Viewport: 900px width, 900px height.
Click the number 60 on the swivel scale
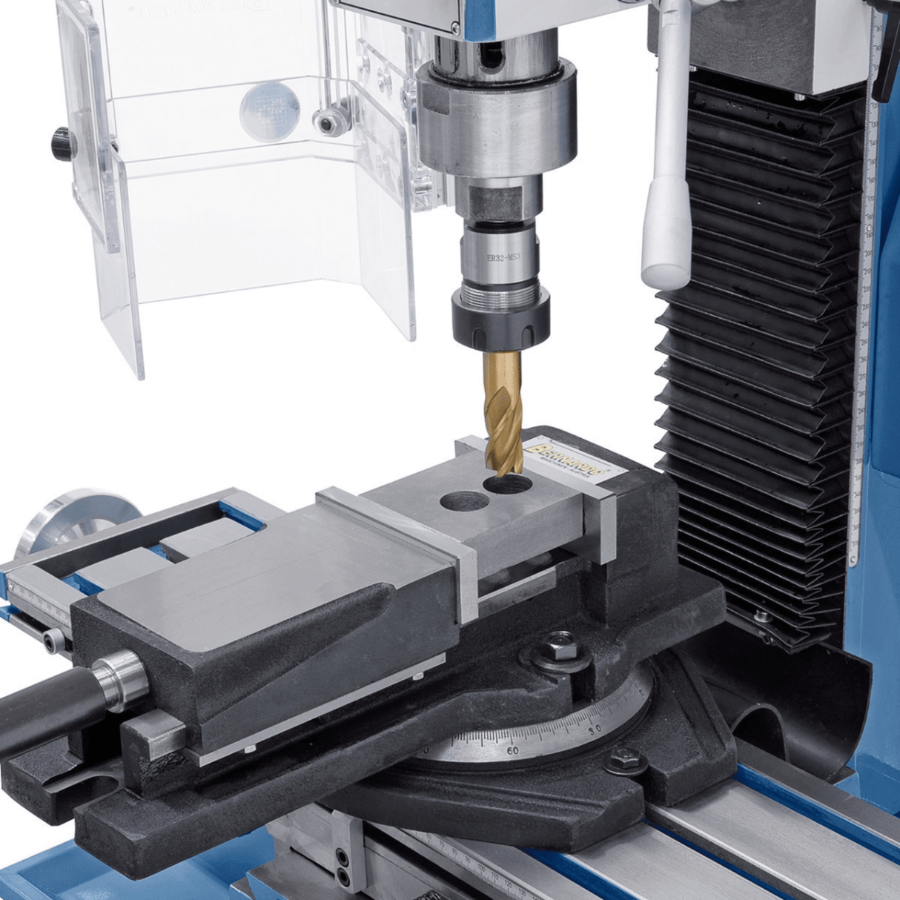[x=512, y=751]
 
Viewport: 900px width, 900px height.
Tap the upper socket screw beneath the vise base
[x=343, y=856]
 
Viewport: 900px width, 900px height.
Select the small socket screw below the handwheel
[x=51, y=641]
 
